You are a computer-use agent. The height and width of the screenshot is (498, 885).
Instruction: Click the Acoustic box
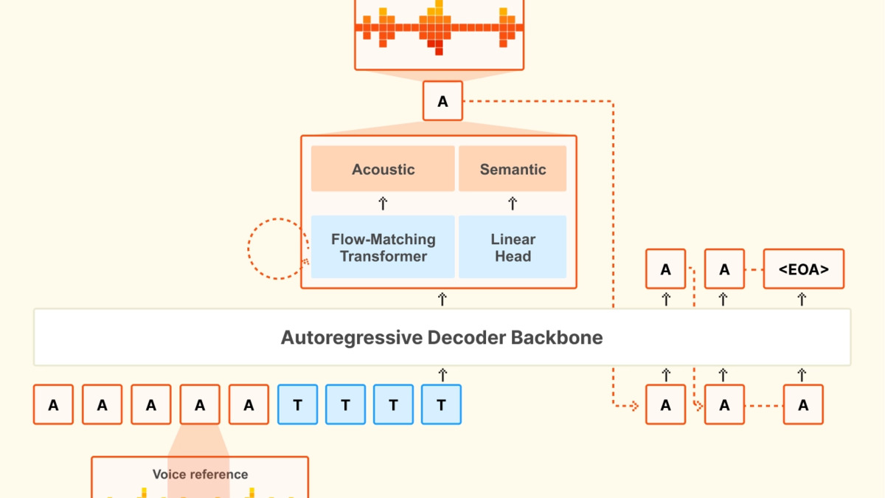383,169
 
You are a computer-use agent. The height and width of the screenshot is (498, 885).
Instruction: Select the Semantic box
513,169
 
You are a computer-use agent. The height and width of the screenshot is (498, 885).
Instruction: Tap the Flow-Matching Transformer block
383,247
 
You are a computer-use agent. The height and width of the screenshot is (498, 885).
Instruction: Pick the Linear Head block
513,247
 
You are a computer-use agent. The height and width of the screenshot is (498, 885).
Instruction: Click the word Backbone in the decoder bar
557,338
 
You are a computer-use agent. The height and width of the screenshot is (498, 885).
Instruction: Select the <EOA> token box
804,269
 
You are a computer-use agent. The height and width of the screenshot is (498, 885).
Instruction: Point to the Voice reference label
201,474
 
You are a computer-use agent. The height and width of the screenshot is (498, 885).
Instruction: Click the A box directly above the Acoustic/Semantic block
442,101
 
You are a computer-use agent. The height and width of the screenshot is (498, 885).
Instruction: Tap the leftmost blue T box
297,404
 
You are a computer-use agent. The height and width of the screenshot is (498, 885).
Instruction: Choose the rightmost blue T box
441,404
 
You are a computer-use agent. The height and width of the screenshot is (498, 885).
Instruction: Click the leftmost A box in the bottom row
53,404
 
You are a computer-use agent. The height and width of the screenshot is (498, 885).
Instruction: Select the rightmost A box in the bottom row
803,404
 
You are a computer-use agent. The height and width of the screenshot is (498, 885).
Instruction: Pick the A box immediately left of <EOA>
724,269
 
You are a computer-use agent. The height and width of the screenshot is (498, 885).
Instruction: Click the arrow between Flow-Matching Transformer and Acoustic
383,203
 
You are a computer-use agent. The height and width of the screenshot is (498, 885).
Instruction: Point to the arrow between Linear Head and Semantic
513,203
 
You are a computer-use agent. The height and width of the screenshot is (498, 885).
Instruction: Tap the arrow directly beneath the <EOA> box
802,299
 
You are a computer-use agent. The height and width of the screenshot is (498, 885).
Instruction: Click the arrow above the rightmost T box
442,375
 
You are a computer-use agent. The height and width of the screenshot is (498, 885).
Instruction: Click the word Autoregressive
352,338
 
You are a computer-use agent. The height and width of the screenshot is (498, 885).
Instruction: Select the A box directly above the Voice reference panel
200,404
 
